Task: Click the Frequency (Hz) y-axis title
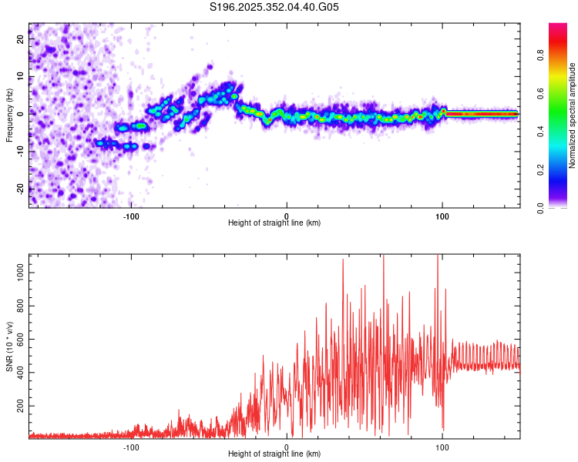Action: point(10,115)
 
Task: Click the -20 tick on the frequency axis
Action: point(20,189)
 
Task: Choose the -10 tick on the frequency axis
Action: point(20,151)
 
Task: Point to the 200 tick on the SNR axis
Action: point(19,405)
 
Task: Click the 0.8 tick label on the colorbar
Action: point(540,55)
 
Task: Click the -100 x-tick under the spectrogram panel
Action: point(131,215)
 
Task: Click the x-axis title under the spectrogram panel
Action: point(274,223)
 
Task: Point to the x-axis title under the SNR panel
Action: point(274,454)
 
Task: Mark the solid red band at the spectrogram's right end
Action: point(482,114)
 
